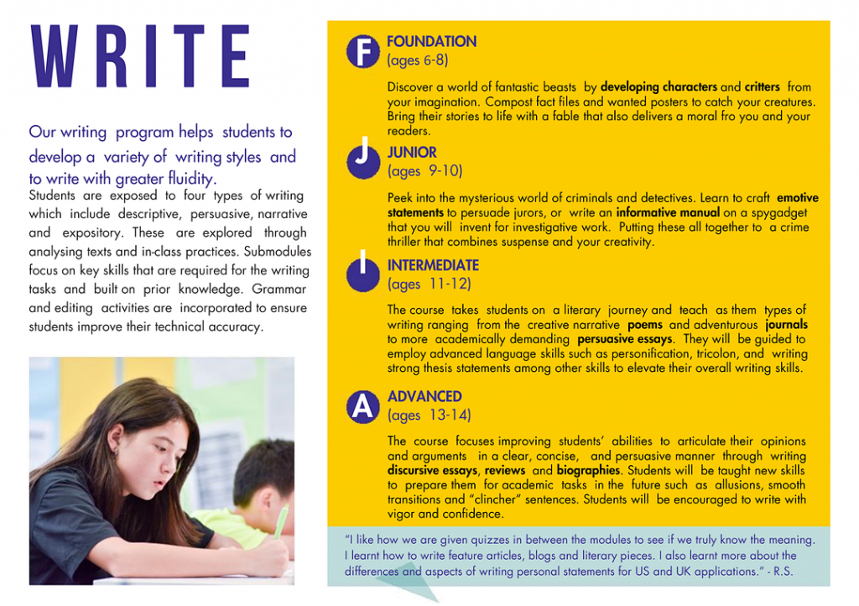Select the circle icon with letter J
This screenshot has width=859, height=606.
pyautogui.click(x=362, y=158)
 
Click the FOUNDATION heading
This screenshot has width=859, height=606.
pyautogui.click(x=431, y=42)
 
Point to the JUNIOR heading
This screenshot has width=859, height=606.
pyautogui.click(x=412, y=153)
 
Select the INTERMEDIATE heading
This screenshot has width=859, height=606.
pyautogui.click(x=433, y=265)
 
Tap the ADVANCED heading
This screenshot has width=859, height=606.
pyautogui.click(x=424, y=396)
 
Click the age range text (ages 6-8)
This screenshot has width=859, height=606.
pyautogui.click(x=418, y=60)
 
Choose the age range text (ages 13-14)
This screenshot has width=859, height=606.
pyautogui.click(x=429, y=415)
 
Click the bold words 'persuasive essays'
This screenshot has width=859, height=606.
pyautogui.click(x=624, y=340)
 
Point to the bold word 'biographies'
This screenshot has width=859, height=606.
pyautogui.click(x=587, y=471)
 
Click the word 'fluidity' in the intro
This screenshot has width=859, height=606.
pyautogui.click(x=189, y=179)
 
